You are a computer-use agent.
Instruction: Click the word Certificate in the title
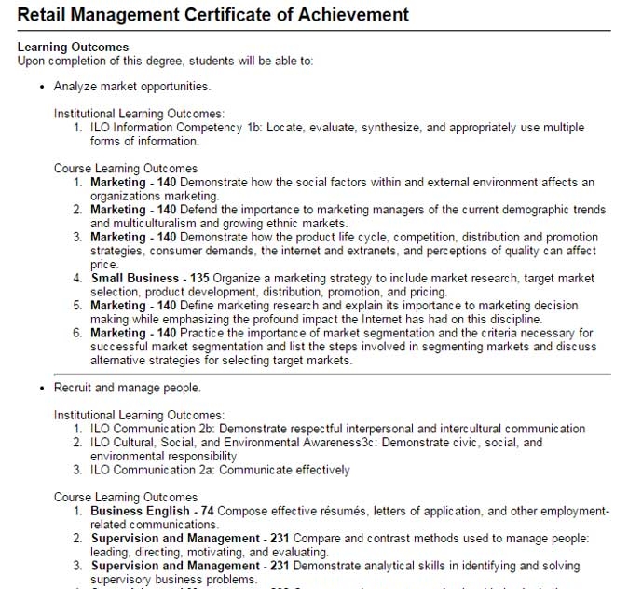point(231,14)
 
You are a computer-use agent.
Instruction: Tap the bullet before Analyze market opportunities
point(42,87)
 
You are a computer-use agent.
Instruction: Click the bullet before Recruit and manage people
point(42,387)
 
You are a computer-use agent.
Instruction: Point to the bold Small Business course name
point(134,278)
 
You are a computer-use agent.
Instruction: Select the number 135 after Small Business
point(199,278)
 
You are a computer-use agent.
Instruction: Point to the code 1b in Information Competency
point(251,127)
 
